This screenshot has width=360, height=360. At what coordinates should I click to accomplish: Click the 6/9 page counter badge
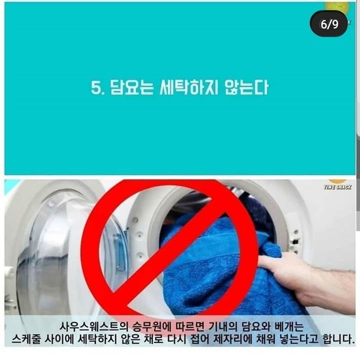tap(328, 24)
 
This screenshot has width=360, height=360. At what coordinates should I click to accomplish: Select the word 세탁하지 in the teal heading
tap(189, 88)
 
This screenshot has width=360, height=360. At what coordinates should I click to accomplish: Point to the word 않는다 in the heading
tap(246, 88)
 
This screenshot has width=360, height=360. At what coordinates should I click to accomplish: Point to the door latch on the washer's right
tap(295, 241)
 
